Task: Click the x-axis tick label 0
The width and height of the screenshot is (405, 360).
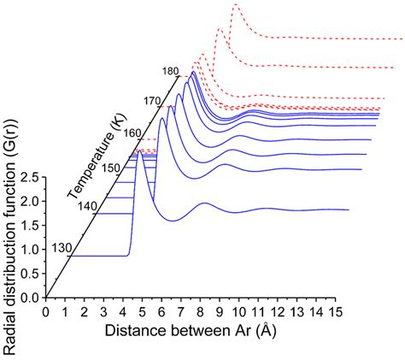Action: pos(46,311)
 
